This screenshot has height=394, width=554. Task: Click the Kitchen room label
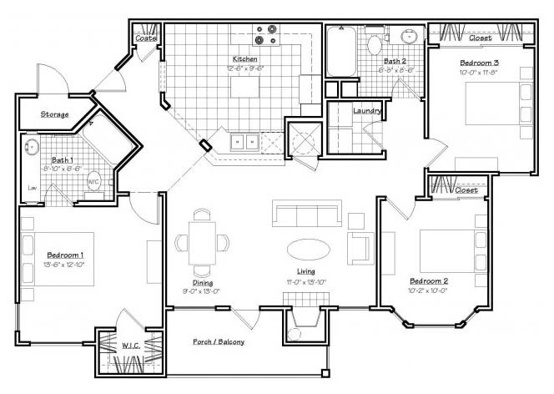pyautogui.click(x=244, y=59)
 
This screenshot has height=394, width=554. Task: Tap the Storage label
pyautogui.click(x=54, y=114)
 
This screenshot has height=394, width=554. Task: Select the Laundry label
pyautogui.click(x=367, y=110)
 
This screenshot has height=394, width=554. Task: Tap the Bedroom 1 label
pyautogui.click(x=64, y=254)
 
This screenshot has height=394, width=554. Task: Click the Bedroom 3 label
pyautogui.click(x=480, y=63)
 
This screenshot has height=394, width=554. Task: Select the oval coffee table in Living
pyautogui.click(x=308, y=249)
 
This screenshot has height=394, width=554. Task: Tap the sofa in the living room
pyautogui.click(x=308, y=214)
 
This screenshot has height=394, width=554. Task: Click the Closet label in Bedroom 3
pyautogui.click(x=480, y=38)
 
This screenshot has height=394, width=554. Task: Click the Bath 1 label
pyautogui.click(x=62, y=159)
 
